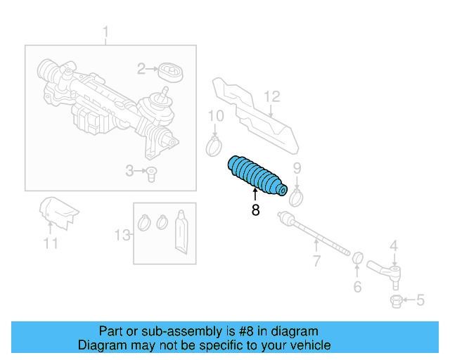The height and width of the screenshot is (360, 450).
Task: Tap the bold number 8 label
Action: pyautogui.click(x=255, y=210)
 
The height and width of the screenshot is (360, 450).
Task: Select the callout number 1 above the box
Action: pyautogui.click(x=106, y=32)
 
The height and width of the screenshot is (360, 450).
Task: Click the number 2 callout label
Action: pyautogui.click(x=141, y=68)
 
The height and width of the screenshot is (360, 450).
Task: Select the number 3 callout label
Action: pyautogui.click(x=129, y=170)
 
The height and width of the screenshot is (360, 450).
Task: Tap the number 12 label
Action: pyautogui.click(x=271, y=96)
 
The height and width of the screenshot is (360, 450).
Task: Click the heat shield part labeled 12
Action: pyautogui.click(x=252, y=116)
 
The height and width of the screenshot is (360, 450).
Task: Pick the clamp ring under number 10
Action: pyautogui.click(x=213, y=146)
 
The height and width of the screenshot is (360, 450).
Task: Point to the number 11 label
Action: pyautogui.click(x=50, y=243)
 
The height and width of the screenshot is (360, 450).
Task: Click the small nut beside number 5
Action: pyautogui.click(x=395, y=302)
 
